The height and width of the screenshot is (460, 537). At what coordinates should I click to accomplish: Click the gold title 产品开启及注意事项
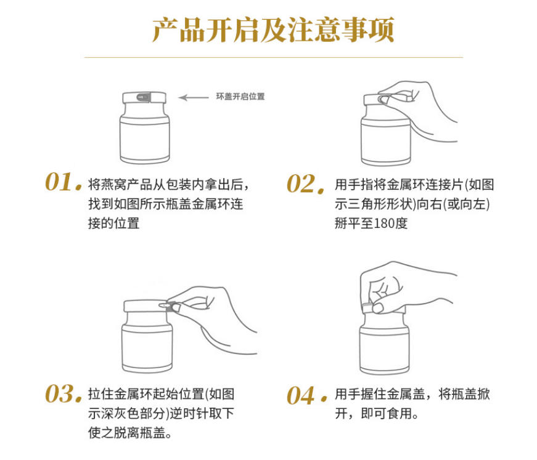pyautogui.click(x=273, y=30)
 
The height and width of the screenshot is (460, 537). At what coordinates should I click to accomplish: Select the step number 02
pyautogui.click(x=305, y=184)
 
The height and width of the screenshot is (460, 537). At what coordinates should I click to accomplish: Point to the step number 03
pyautogui.click(x=64, y=393)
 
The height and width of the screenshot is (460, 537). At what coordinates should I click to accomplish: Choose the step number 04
pyautogui.click(x=306, y=395)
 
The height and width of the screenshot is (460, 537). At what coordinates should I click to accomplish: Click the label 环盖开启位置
pyautogui.click(x=240, y=97)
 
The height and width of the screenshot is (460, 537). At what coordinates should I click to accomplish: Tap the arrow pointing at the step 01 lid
pyautogui.click(x=194, y=97)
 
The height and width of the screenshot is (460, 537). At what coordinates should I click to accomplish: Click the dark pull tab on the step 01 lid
pyautogui.click(x=144, y=97)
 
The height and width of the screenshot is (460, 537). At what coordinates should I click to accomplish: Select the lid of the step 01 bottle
pyautogui.click(x=144, y=97)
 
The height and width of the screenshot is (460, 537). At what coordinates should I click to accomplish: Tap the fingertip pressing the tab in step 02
pyautogui.click(x=383, y=100)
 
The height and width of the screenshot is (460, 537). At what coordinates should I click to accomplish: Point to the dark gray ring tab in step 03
pyautogui.click(x=171, y=306)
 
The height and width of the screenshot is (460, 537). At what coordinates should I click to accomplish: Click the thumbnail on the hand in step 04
pyautogui.click(x=378, y=308)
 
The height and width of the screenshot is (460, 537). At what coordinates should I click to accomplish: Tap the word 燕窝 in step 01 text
pyautogui.click(x=114, y=185)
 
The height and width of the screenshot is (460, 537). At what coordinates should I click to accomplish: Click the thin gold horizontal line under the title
pyautogui.click(x=274, y=57)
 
